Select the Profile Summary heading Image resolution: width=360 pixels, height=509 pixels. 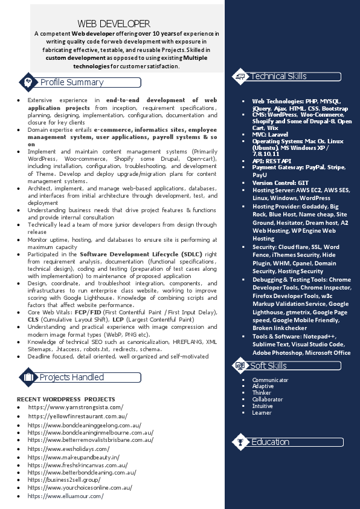click(72, 82)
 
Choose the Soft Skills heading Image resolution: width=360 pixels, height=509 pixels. click(269, 366)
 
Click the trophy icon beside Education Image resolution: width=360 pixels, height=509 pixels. click(240, 443)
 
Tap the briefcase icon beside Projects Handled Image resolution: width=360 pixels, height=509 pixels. click(28, 378)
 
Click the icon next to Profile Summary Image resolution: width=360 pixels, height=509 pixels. click(28, 82)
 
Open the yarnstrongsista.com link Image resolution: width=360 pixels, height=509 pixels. click(76, 407)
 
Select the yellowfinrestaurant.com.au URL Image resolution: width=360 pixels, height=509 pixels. click(77, 417)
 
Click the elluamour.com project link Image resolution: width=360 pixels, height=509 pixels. click(66, 496)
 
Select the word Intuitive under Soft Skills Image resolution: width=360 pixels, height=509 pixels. click(263, 406)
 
